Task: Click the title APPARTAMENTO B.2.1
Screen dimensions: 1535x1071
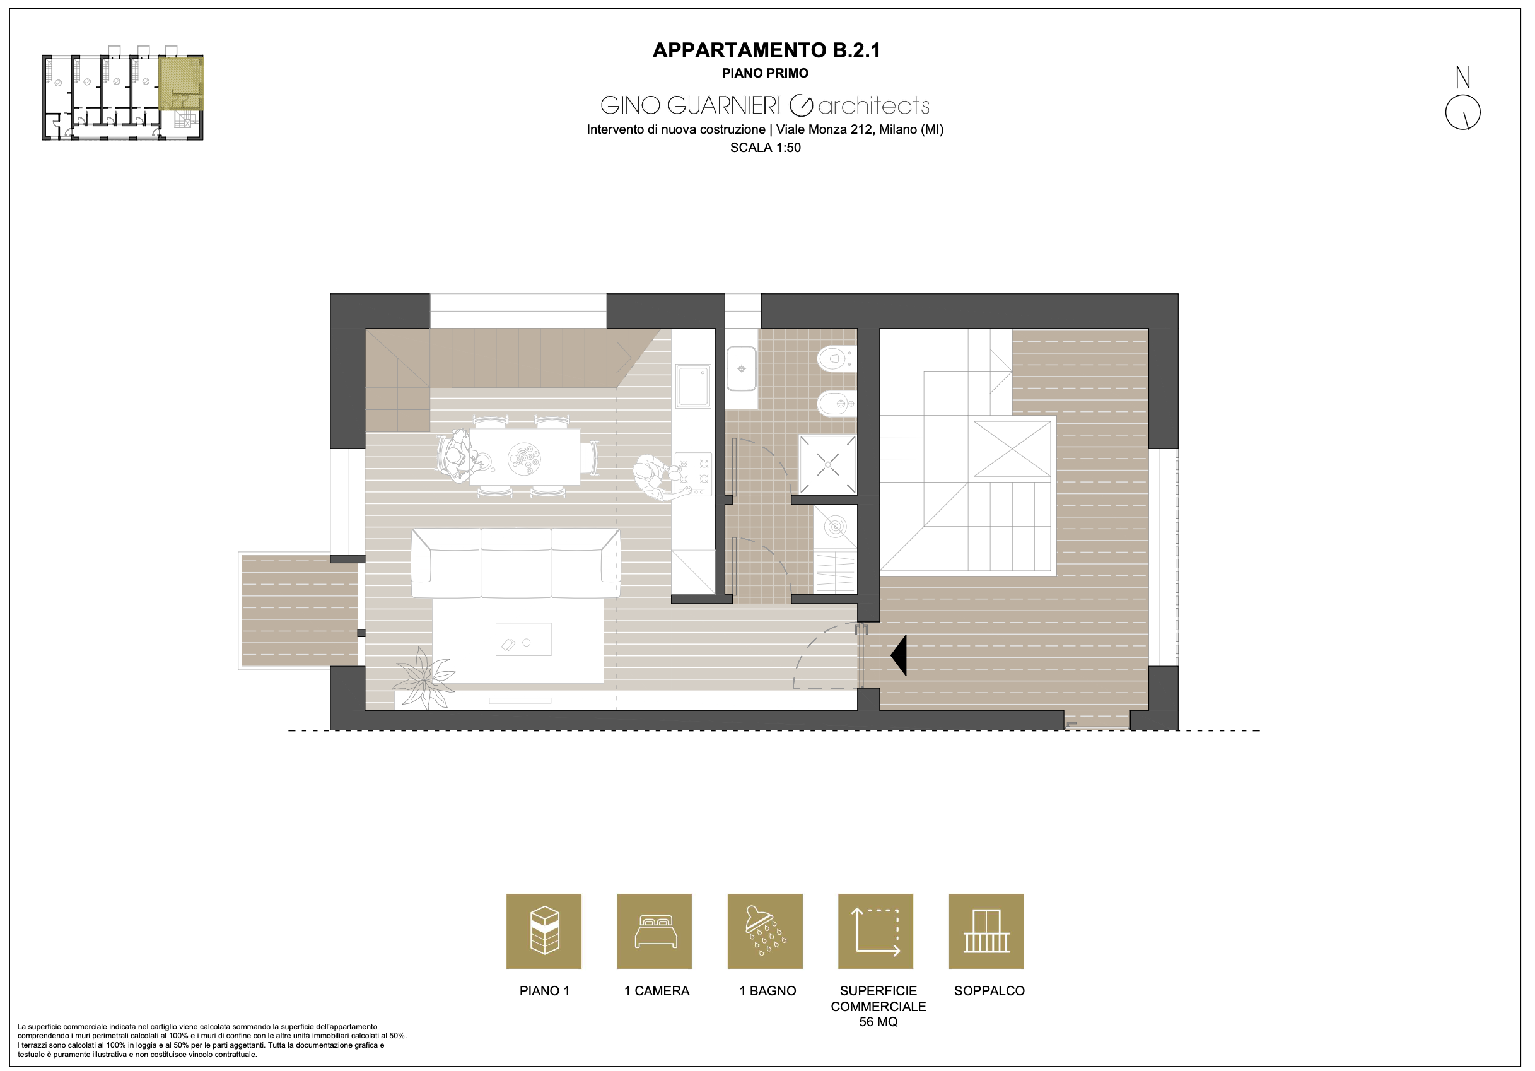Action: (766, 50)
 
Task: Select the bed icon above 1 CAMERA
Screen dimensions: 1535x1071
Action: (655, 931)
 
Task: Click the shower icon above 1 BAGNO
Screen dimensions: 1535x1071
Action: (765, 931)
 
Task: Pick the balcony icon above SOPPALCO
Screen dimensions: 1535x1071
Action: (986, 931)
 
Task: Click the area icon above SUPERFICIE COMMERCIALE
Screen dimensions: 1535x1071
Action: (876, 931)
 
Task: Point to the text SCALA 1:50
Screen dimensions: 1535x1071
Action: (766, 148)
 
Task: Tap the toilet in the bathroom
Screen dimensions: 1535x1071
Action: (836, 358)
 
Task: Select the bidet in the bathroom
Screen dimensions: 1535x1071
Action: (836, 403)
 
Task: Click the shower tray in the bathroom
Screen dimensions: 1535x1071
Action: (827, 465)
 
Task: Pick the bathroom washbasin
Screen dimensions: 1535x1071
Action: (742, 368)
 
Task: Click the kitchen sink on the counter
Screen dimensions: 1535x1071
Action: (693, 386)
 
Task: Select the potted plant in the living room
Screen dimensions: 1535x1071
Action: (424, 679)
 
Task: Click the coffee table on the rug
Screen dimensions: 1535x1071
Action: (523, 639)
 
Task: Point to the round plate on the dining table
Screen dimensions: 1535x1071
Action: (524, 459)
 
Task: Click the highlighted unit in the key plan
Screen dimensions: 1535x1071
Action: (180, 83)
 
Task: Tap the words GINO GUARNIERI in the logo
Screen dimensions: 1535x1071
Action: (690, 105)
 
